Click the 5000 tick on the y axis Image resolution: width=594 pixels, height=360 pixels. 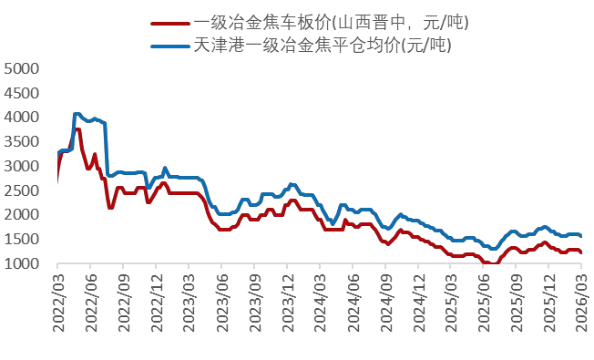coord(22,68)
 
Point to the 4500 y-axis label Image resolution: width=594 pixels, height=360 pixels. coord(22,93)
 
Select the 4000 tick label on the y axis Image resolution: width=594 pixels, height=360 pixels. coord(22,118)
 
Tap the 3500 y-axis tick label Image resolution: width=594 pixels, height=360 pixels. coord(22,142)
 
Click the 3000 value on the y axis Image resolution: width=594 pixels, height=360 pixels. coord(22,167)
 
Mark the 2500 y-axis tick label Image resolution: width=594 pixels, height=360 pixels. coord(22,191)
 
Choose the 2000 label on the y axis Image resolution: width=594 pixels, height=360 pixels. coord(22,216)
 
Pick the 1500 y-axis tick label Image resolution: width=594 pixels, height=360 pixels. coord(22,241)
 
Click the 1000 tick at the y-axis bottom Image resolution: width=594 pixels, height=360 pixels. coord(22,265)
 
